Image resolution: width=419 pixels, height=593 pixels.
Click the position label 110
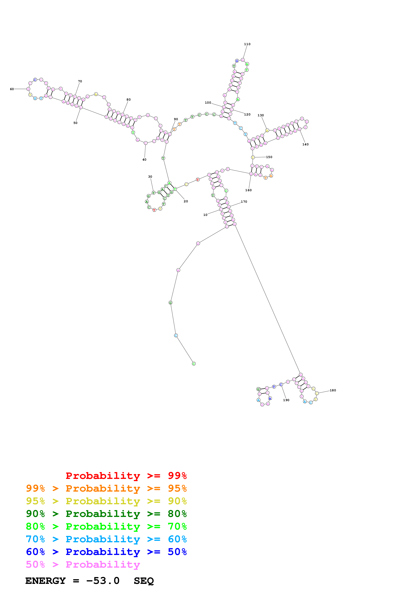(x=247, y=44)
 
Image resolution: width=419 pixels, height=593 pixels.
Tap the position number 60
(x=12, y=89)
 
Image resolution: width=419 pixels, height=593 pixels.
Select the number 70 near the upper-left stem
(x=80, y=81)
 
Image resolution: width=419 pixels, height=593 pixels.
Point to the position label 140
(x=305, y=144)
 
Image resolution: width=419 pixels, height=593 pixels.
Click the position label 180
(x=333, y=390)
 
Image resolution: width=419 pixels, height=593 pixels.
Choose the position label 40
(x=144, y=160)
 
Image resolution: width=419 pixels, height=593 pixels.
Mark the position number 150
(x=269, y=157)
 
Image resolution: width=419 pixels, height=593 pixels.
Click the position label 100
(x=208, y=103)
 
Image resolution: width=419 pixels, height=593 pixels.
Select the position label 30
(x=150, y=177)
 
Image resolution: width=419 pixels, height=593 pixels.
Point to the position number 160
(x=248, y=190)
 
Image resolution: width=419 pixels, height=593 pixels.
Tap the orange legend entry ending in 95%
(x=106, y=488)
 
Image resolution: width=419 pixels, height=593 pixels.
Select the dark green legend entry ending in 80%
(x=106, y=514)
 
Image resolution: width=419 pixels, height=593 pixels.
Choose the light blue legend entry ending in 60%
(x=106, y=539)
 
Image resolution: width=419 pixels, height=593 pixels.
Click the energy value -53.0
(x=103, y=581)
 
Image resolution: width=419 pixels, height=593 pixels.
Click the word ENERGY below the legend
(x=45, y=581)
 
